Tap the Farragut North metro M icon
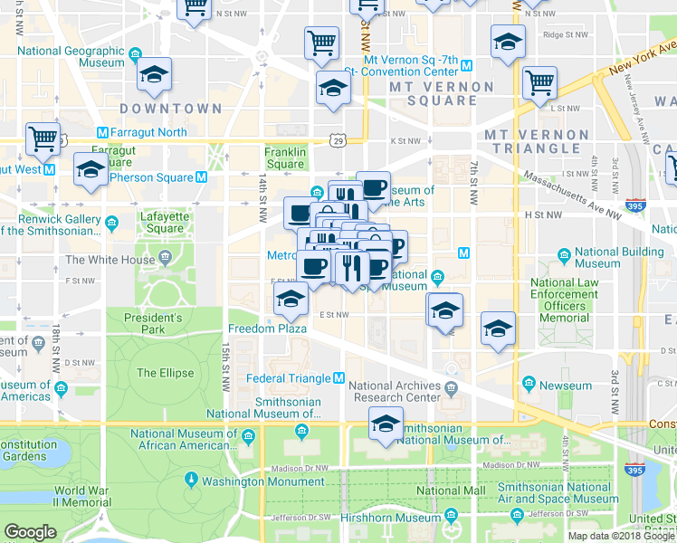(101, 132)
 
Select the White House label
(110, 260)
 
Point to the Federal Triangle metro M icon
(338, 377)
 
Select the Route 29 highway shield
(337, 140)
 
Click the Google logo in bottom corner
(30, 531)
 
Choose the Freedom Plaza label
(263, 329)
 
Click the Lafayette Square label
(165, 223)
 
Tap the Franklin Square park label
(285, 158)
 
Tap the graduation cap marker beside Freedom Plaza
(291, 298)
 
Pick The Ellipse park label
(165, 373)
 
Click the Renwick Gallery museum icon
(111, 222)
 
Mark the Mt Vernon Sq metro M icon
(466, 65)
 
